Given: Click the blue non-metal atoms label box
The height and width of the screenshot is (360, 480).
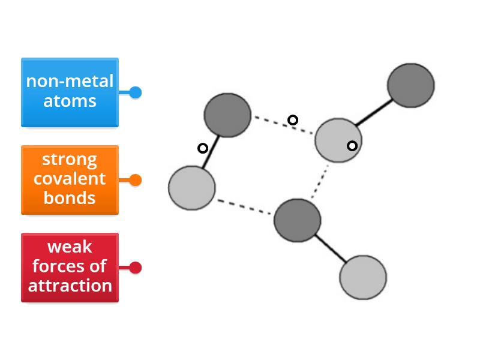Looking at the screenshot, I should [x=70, y=92].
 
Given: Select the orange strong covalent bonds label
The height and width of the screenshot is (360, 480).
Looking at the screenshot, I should [x=70, y=179].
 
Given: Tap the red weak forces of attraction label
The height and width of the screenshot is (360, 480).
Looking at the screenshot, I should [x=70, y=267].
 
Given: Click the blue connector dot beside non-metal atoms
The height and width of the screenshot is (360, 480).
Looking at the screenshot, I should [x=136, y=92].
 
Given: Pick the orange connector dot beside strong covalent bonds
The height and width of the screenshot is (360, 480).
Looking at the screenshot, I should [x=136, y=180].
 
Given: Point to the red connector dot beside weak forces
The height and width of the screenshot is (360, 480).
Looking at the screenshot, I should [x=136, y=268].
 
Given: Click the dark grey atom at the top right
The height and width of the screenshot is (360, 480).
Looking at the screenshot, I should [x=410, y=85].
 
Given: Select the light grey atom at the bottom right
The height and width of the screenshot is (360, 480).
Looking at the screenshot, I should [x=363, y=277].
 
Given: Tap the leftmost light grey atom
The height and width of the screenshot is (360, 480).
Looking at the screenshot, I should [x=191, y=188].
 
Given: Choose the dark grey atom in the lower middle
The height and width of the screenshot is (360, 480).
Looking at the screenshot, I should [x=297, y=221].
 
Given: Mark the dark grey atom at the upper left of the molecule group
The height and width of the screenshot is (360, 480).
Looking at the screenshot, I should [x=227, y=115].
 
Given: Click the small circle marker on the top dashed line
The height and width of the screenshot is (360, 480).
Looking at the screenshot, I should [x=293, y=120].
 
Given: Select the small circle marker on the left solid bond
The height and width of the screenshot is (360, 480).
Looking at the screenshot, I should [x=203, y=148].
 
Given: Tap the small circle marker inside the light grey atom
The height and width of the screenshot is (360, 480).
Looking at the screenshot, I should [x=352, y=145].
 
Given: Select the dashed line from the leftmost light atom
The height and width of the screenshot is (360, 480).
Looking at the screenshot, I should [x=245, y=206].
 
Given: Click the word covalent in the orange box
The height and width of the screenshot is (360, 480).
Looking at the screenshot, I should [x=70, y=179].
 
